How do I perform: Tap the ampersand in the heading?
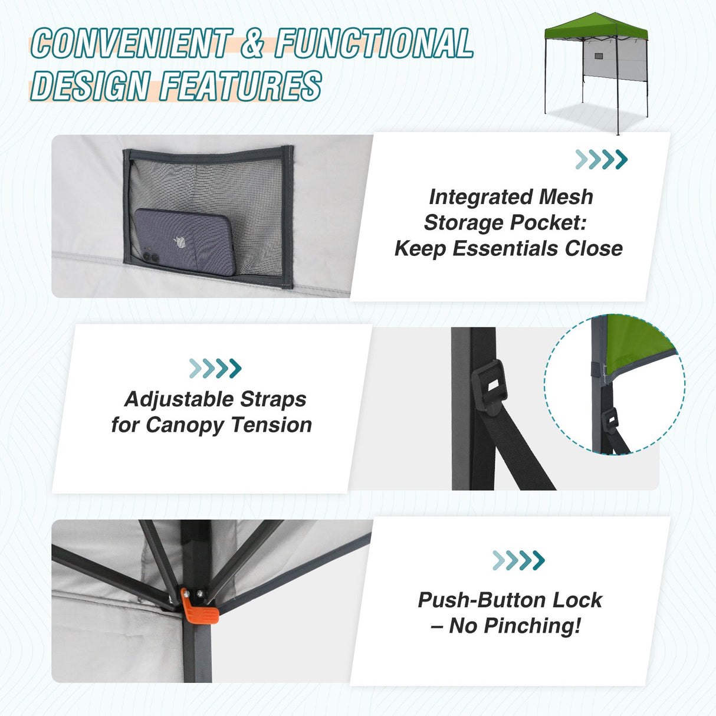(x=252, y=44)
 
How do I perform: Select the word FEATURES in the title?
(x=241, y=86)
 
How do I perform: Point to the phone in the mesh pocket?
(x=183, y=242)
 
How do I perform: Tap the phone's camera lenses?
(x=150, y=257)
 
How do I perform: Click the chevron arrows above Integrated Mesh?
(x=601, y=159)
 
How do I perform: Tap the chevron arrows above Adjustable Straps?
(x=215, y=368)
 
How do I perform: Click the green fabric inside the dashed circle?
(x=637, y=342)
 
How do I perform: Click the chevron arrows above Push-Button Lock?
(x=518, y=560)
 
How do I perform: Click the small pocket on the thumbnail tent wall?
(x=599, y=57)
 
